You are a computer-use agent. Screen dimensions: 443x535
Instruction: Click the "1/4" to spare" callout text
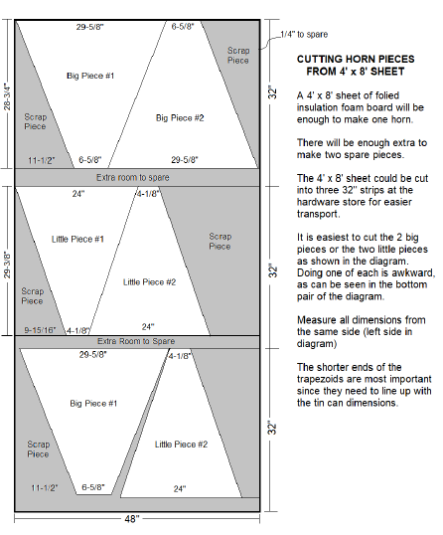(x=304, y=34)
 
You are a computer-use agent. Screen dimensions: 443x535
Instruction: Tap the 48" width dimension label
(x=132, y=519)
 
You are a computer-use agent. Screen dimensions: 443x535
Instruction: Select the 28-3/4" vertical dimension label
(x=7, y=96)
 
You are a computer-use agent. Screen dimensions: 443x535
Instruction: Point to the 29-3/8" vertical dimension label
(x=7, y=265)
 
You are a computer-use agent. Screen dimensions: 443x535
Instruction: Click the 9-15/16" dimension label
(x=40, y=330)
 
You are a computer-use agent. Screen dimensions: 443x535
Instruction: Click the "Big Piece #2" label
(x=180, y=117)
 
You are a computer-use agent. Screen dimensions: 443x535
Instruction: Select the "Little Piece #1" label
(x=77, y=239)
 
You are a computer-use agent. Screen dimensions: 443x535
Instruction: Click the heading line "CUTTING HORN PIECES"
(x=356, y=59)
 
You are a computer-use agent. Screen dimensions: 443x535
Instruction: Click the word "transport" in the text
(x=317, y=214)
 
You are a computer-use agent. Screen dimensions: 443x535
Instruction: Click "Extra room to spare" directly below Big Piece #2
(x=133, y=177)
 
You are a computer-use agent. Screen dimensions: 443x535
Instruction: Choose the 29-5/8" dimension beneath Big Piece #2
(x=185, y=159)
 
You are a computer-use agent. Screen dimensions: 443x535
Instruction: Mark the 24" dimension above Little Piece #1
(x=78, y=194)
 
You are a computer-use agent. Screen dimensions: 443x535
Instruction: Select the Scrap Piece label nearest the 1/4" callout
(x=238, y=56)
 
